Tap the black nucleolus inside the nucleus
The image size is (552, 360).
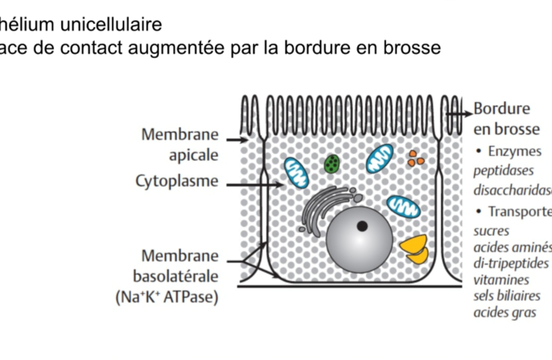point(362,226)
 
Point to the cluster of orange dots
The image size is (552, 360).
point(416,158)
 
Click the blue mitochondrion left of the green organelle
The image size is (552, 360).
point(295,172)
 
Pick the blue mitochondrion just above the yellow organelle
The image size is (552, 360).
point(404,207)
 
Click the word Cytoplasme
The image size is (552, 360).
point(177,182)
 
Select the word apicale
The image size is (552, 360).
point(194,155)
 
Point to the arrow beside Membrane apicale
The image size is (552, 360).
point(235,140)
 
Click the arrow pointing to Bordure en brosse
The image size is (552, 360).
point(458,115)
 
